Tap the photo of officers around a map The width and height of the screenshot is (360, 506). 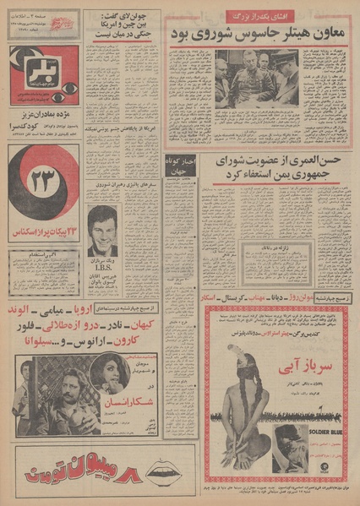(x=252, y=79)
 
